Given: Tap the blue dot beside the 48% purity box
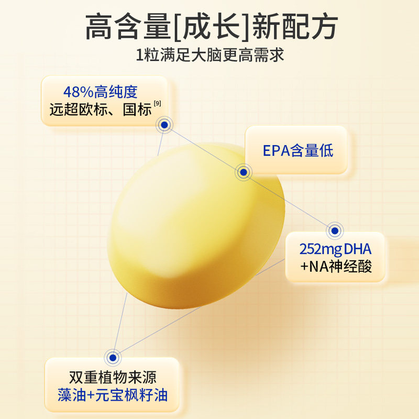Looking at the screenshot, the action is [164, 125].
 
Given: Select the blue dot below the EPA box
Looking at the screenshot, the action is [242, 172].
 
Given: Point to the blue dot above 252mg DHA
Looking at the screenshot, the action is [335, 230].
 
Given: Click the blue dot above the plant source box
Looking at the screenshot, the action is [112, 358].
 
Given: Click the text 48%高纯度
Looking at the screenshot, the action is [100, 93].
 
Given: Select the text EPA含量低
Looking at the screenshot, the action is [297, 151].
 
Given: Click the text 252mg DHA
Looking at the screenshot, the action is [335, 249].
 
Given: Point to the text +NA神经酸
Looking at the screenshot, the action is [336, 267].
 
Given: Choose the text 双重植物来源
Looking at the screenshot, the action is [113, 378].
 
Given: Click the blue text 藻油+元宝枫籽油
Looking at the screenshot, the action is [113, 395].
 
